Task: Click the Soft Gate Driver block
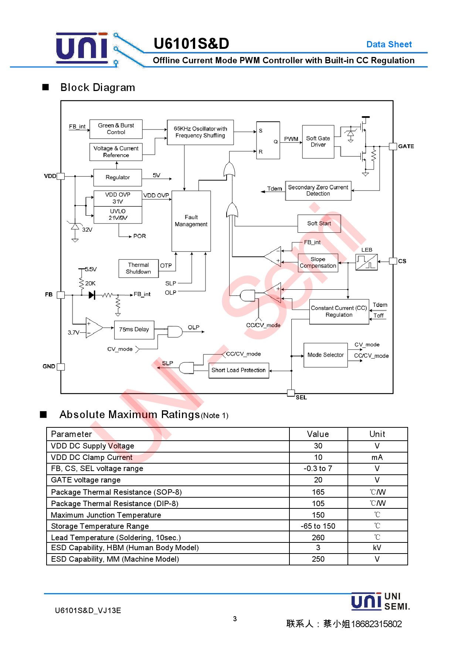coord(318,142)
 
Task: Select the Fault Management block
coord(191,221)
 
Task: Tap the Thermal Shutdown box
coord(139,268)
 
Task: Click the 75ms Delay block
coord(134,330)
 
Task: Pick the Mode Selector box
coord(325,355)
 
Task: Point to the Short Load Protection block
coord(238,370)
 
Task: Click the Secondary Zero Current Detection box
coord(318,191)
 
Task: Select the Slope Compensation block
coord(318,263)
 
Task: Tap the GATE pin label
coord(406,147)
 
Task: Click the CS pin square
coord(393,261)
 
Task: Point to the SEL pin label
coord(301,397)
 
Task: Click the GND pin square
coord(61,367)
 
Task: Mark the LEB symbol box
coord(366,262)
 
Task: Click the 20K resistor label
coord(90,283)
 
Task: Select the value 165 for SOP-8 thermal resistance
coord(318,492)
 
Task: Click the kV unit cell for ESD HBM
coord(377,548)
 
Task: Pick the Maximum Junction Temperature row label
coord(106,515)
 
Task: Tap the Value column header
coord(318,434)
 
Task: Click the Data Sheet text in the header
coord(389,44)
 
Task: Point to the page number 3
coord(235,619)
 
